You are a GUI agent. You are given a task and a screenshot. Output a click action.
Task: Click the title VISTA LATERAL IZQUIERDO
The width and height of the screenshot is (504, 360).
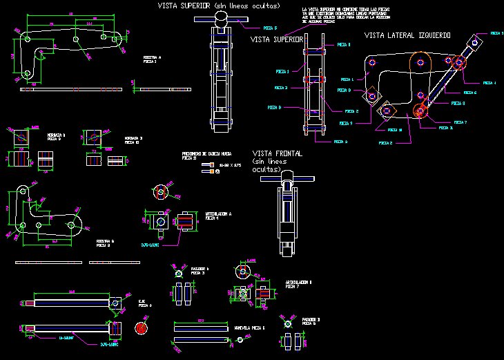pyautogui.click(x=407, y=35)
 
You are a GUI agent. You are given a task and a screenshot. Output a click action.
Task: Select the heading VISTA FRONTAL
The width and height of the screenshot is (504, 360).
pyautogui.click(x=277, y=153)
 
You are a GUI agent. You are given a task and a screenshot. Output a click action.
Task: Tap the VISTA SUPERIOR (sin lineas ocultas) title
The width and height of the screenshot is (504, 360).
pyautogui.click(x=220, y=6)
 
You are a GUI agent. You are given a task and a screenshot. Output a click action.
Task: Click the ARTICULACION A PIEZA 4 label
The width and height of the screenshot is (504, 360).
pyautogui.click(x=217, y=216)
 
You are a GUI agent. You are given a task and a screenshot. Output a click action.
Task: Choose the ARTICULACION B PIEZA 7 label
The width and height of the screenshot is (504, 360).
pyautogui.click(x=298, y=284)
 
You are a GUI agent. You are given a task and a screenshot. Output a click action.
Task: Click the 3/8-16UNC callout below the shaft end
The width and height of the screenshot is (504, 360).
pyautogui.click(x=110, y=342)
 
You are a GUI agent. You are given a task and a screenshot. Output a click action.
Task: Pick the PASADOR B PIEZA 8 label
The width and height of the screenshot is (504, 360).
pyautogui.click(x=311, y=321)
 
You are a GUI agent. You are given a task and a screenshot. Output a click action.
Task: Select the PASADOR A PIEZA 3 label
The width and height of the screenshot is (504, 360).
pyautogui.click(x=199, y=270)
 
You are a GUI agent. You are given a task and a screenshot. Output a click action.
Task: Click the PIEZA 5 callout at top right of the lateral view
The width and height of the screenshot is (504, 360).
pyautogui.click(x=496, y=33)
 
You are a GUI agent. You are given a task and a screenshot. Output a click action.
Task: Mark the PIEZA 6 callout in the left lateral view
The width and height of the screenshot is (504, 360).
pyautogui.click(x=469, y=92)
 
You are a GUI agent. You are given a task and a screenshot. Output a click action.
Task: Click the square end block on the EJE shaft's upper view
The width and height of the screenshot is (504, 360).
pyautogui.click(x=115, y=302)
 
